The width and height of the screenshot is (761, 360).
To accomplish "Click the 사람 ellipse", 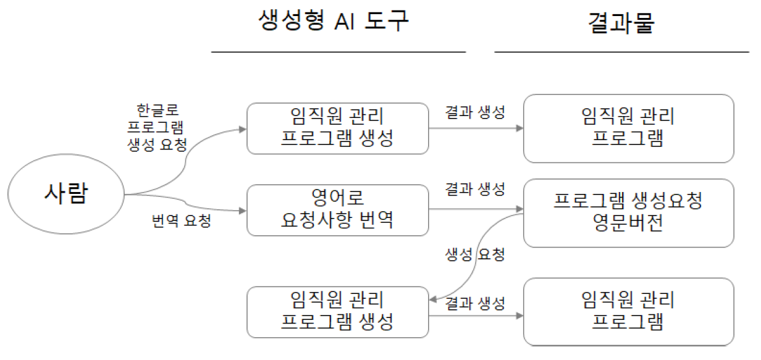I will pos(66,195).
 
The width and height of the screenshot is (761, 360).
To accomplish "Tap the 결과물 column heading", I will pos(621,23).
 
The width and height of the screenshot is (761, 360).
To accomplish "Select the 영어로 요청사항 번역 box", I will pos(337,210).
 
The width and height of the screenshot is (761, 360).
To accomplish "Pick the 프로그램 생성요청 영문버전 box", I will pos(628,212).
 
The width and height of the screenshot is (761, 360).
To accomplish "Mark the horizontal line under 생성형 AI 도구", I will pos(338,52).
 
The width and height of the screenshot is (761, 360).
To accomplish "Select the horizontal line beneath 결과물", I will pos(621,52).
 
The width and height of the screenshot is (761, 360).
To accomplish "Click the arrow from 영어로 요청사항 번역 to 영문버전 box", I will pos(476,210).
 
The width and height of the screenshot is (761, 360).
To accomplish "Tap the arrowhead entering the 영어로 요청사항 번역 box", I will pos(242,211).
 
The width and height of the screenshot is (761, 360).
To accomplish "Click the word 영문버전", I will pos(628,224).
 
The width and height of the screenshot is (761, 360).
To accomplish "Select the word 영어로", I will pos(337,198).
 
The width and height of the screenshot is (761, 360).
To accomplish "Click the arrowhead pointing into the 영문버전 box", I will pos(519,210).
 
